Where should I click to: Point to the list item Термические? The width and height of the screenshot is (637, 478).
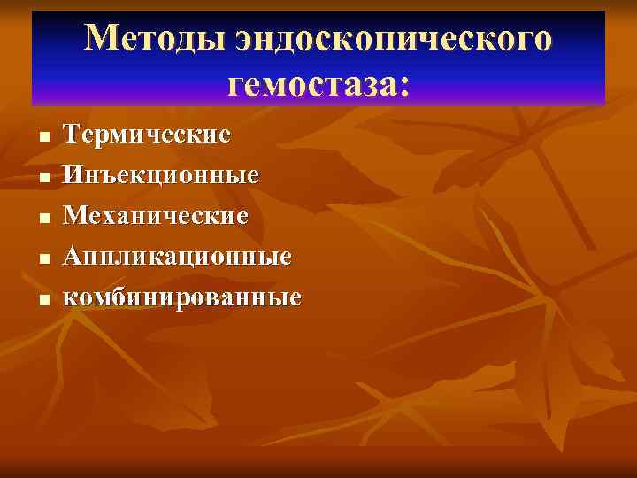tap(148, 135)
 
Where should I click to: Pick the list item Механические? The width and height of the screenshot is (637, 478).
tap(157, 216)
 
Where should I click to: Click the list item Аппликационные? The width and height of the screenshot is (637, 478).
tap(177, 257)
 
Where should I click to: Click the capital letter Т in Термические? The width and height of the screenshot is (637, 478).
tap(73, 135)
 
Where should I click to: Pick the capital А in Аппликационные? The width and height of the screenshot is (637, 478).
tap(73, 257)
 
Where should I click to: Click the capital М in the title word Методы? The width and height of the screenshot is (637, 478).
tap(103, 39)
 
